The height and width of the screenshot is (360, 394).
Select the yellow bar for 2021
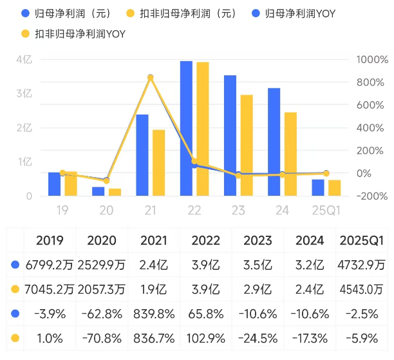click(158, 162)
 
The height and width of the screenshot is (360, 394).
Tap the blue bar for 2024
click(274, 142)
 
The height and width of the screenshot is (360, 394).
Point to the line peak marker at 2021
click(151, 77)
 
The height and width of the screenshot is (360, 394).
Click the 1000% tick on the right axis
click(372, 60)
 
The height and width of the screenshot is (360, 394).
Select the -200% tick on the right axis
click(372, 196)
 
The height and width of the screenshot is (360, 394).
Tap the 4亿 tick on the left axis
click(24, 60)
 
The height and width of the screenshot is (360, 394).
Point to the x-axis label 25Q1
click(326, 210)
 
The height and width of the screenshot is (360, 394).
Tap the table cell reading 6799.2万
click(50, 264)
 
